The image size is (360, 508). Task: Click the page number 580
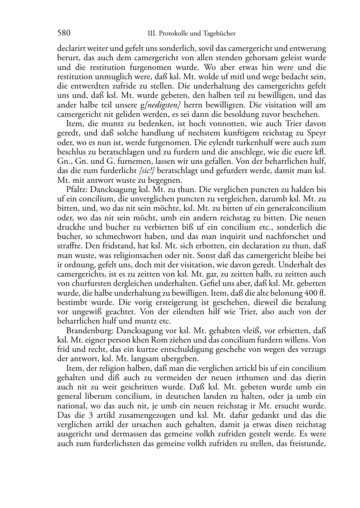coord(63,33)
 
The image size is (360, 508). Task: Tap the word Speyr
coord(317,133)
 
